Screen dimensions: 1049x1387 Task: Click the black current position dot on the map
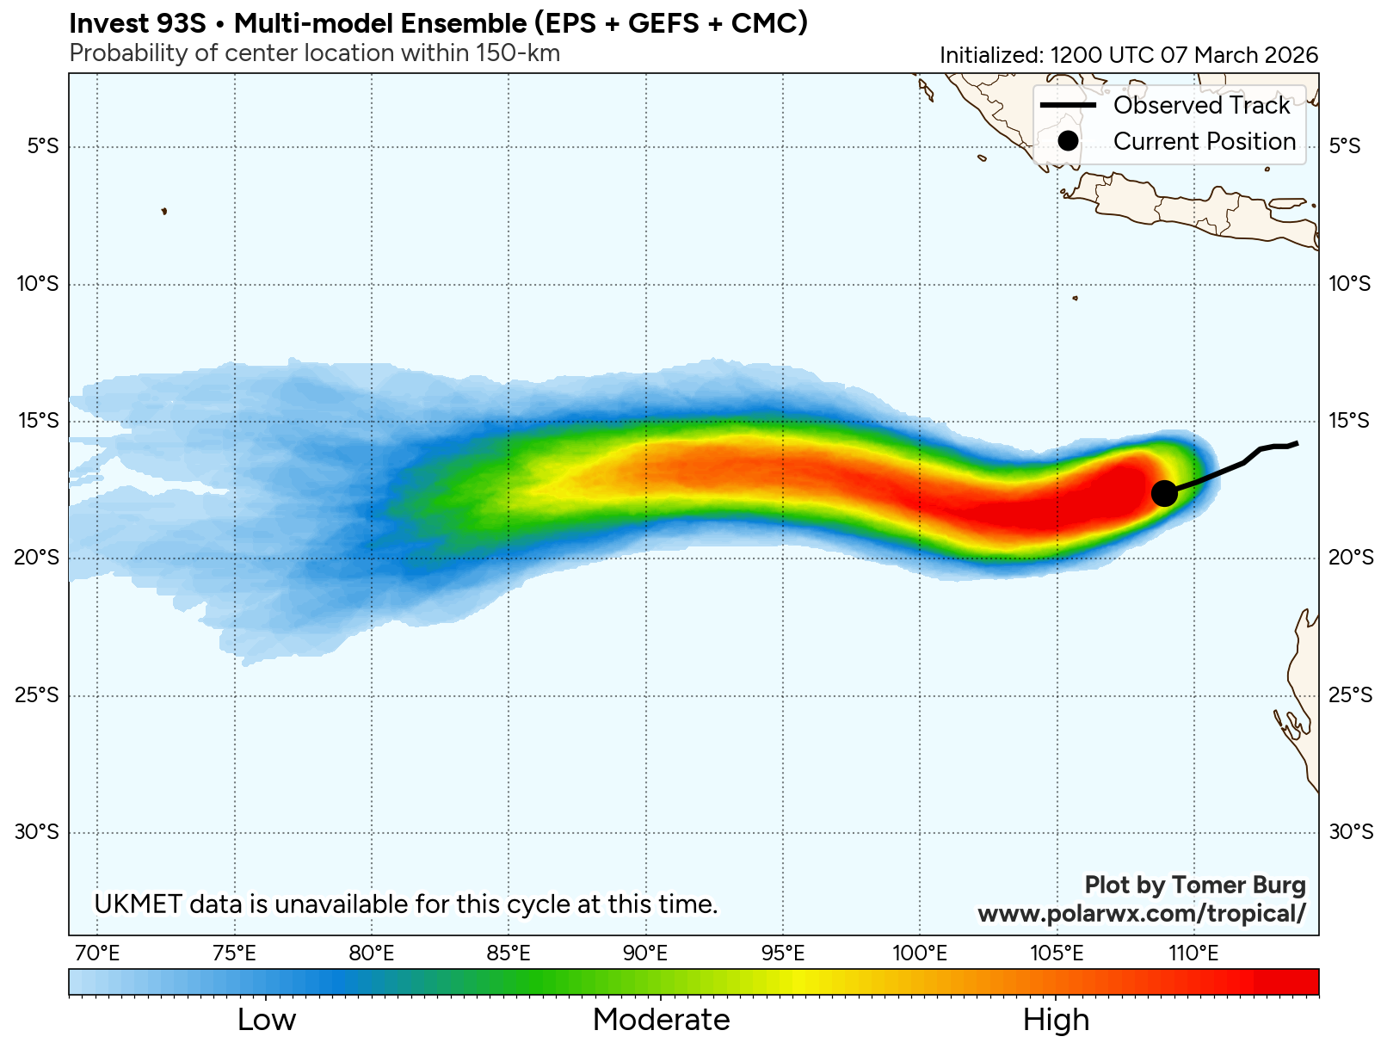1163,493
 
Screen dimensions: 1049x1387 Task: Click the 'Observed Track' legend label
1201,105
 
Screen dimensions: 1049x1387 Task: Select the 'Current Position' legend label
1204,141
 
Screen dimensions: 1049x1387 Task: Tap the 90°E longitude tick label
645,953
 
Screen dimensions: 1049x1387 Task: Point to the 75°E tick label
234,953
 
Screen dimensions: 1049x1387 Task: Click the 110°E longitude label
1193,953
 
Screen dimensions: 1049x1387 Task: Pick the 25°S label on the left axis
37,694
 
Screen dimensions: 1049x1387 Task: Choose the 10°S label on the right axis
1349,283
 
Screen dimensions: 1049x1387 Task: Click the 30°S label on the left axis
37,831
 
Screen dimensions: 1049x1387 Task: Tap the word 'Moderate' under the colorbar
661,1020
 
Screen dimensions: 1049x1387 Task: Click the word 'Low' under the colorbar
267,1020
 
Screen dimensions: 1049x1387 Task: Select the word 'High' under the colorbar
1056,1020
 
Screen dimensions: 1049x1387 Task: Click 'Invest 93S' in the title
138,23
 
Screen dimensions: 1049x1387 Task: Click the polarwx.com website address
1141,913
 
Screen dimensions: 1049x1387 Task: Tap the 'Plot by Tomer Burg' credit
1194,885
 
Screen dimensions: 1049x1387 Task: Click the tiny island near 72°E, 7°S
163,211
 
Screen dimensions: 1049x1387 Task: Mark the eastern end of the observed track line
1297,443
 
